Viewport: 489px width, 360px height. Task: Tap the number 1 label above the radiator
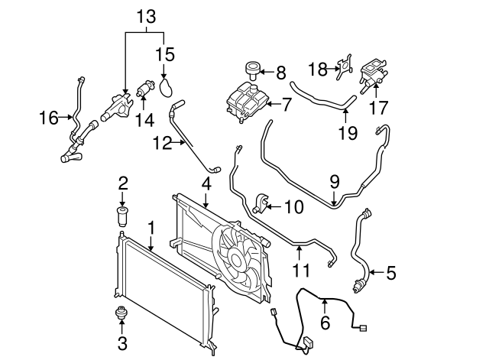pyautogui.click(x=151, y=227)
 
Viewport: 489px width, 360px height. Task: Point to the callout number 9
pyautogui.click(x=334, y=183)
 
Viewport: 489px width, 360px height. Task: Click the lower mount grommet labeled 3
pyautogui.click(x=121, y=313)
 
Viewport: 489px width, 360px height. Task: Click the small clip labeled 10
pyautogui.click(x=261, y=203)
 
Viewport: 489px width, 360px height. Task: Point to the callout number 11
pyautogui.click(x=300, y=270)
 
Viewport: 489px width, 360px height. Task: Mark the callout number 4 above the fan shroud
pyautogui.click(x=206, y=183)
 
